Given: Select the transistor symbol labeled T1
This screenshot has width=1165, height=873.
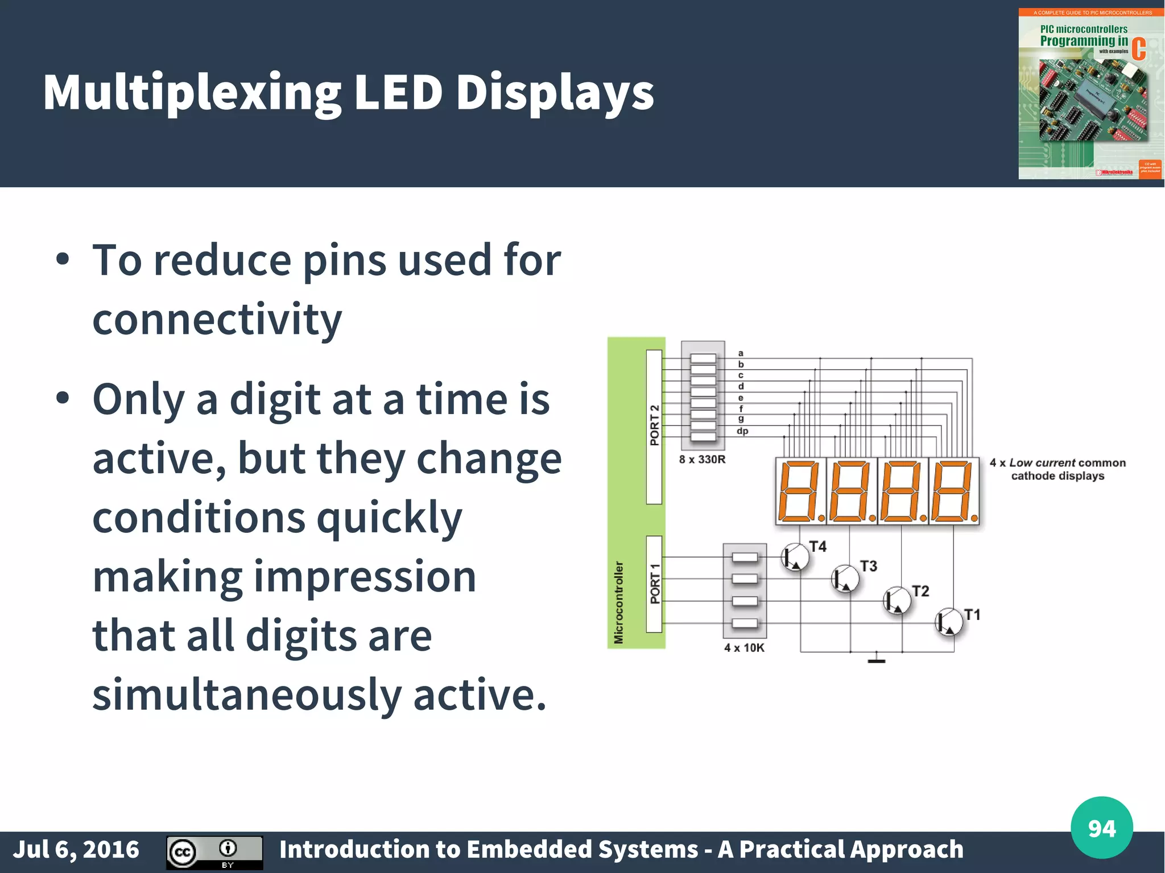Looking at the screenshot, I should [949, 622].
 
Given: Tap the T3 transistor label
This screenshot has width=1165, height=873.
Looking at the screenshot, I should [868, 566].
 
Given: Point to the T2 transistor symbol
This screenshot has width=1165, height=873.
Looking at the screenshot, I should [897, 601].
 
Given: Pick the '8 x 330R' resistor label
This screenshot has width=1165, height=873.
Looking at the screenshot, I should [702, 459].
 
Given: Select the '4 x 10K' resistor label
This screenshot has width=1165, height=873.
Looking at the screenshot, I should [744, 648].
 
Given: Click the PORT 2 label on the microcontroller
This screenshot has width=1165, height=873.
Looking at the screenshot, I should [654, 425].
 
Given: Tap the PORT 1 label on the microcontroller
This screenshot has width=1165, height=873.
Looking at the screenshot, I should [655, 584].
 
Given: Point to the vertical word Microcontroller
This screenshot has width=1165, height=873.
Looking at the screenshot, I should [619, 602].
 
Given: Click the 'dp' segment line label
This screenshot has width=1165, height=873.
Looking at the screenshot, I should [742, 431].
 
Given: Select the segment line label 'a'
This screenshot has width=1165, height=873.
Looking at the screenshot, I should [741, 353].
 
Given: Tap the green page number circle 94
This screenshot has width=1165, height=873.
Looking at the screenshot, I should [1101, 828].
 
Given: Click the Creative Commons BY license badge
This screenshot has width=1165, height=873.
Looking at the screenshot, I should [214, 852].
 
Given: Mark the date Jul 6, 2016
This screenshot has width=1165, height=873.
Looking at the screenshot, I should [76, 849].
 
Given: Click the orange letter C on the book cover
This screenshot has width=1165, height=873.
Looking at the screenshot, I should [1138, 49].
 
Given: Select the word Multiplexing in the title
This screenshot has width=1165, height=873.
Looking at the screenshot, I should [192, 93].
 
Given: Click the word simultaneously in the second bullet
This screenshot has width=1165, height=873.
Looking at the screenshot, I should [247, 695].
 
